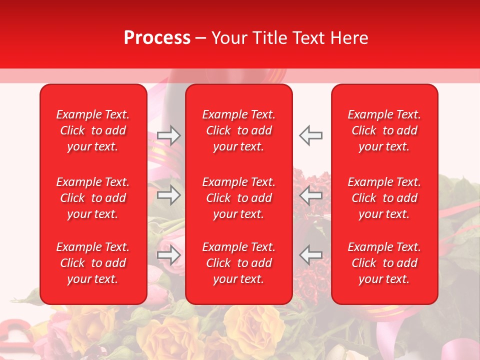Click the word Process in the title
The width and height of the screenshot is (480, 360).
[x=157, y=38]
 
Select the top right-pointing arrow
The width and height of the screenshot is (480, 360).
[x=168, y=135]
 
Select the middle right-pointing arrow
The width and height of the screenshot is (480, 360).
[x=168, y=195]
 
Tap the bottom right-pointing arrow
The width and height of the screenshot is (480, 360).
[x=168, y=255]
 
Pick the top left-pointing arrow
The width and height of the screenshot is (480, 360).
[x=311, y=135]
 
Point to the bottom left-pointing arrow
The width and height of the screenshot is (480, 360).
[x=311, y=255]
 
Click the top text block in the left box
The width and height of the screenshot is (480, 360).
[x=93, y=130]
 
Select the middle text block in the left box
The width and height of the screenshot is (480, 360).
[x=93, y=198]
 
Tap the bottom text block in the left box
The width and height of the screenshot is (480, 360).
[x=93, y=263]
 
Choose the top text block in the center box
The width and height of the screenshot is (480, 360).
[x=239, y=130]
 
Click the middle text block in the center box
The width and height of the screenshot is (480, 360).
[x=239, y=198]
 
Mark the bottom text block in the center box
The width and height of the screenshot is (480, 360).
[x=239, y=263]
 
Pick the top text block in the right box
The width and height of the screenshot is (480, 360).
[x=384, y=130]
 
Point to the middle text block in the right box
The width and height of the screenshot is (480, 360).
[x=384, y=198]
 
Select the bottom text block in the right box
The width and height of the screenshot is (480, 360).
[x=384, y=263]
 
